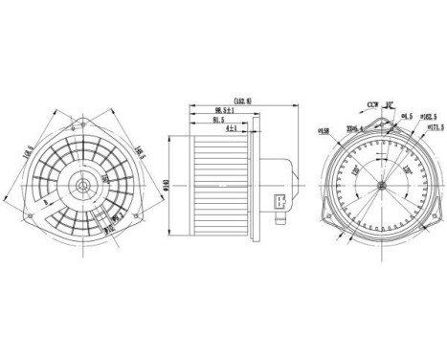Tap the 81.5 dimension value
click(221, 121)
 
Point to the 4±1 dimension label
click(231, 129)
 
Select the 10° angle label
click(391, 101)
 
